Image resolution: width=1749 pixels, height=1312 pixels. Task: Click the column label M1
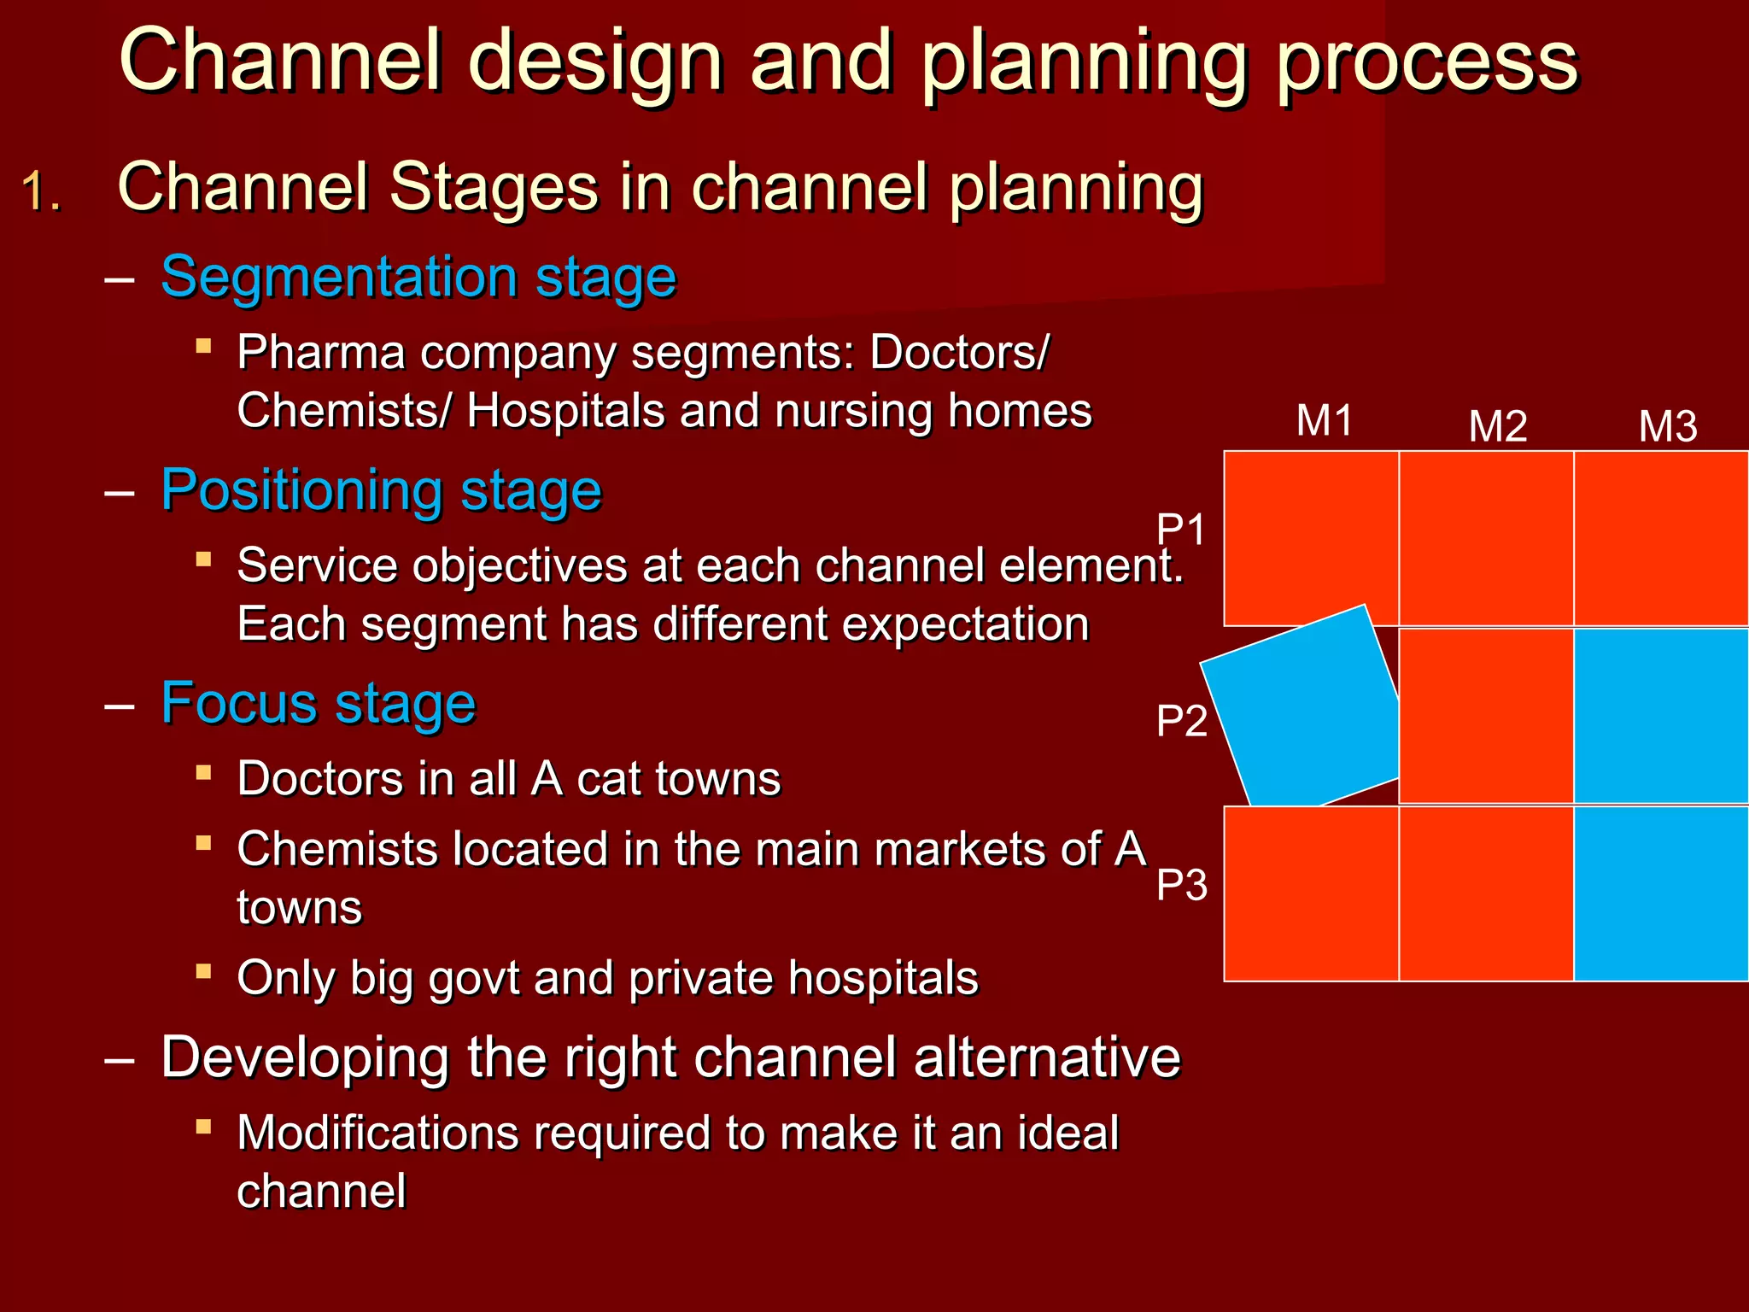point(1324,420)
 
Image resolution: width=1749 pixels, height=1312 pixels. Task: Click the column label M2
point(1497,426)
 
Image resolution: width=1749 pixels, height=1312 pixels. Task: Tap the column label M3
point(1667,426)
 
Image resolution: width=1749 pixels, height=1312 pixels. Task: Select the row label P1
point(1181,530)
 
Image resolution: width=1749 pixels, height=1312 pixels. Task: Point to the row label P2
point(1181,721)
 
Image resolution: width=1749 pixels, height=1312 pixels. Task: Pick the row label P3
point(1181,885)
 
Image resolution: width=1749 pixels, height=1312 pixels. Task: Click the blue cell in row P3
point(1661,893)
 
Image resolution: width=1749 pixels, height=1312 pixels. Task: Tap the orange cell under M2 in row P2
point(1487,716)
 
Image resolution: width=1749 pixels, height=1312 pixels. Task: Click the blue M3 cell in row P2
point(1661,716)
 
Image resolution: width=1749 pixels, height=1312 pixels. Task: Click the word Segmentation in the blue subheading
point(338,278)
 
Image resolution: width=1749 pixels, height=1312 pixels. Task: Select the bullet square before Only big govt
point(203,971)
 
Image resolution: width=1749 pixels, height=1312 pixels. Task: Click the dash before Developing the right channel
point(119,1060)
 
